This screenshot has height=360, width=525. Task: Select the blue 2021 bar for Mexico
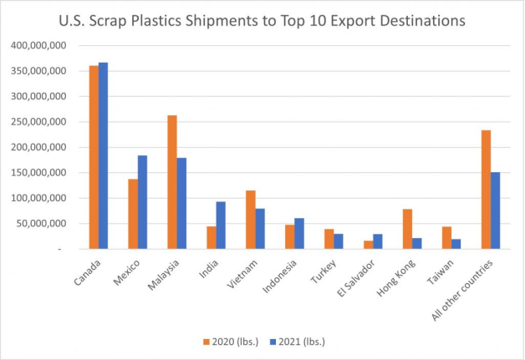point(143,202)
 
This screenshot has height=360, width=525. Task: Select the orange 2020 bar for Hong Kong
point(408,229)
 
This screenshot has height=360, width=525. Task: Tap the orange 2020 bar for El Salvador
point(369,245)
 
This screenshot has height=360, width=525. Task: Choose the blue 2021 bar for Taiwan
point(456,244)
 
